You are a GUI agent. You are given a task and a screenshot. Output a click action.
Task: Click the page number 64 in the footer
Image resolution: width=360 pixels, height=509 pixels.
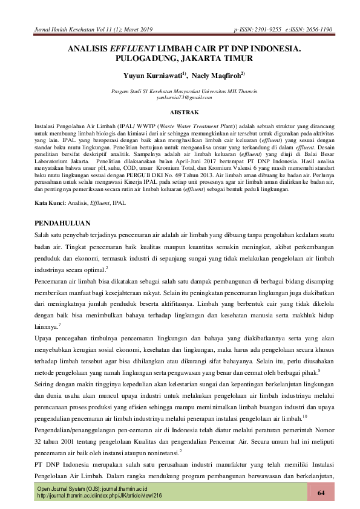point(321,494)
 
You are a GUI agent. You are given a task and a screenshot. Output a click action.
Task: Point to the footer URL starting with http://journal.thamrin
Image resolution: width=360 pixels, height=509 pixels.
point(100,495)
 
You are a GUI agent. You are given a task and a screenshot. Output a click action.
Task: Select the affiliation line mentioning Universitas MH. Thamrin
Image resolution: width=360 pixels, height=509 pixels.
point(182,90)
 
